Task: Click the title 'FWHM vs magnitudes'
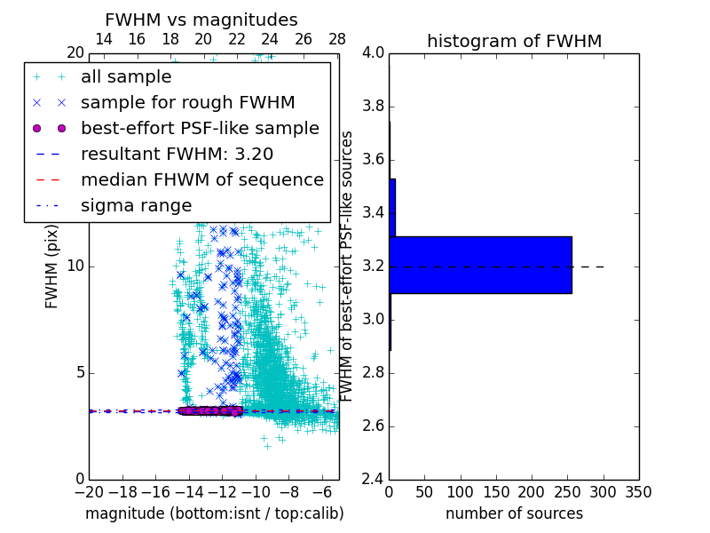(x=201, y=20)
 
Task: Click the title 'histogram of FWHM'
(x=514, y=41)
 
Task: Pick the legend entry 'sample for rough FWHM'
(x=187, y=103)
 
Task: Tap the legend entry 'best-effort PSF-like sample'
(x=200, y=128)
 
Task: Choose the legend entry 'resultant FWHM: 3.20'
(x=189, y=154)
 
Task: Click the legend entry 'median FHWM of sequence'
(x=201, y=179)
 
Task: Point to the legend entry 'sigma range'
(x=136, y=205)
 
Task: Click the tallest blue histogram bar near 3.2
(x=480, y=265)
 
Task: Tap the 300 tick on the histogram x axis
(x=603, y=492)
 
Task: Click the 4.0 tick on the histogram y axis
(x=374, y=53)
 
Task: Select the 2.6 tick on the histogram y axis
(x=374, y=426)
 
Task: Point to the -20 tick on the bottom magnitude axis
(x=89, y=492)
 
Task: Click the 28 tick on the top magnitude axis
(x=337, y=39)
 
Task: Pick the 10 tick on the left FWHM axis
(x=75, y=266)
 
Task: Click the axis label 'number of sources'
(x=514, y=513)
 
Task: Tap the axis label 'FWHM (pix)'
(x=52, y=266)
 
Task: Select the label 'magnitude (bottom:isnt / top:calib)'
(x=214, y=513)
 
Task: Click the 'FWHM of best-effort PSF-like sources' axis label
(x=348, y=266)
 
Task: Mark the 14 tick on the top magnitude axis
(x=103, y=39)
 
